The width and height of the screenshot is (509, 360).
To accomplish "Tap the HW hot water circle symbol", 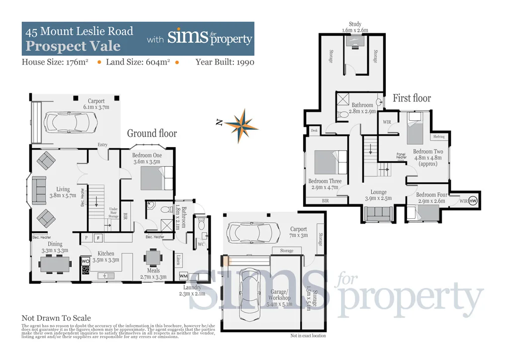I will coord(473,200).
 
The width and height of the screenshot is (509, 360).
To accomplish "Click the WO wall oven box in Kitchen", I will coord(85,261).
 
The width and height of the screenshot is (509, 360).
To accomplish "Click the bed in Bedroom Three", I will coord(330,163).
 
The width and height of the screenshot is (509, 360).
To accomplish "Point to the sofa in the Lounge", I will coord(379,213).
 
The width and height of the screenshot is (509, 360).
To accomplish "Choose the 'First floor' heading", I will coord(412,98).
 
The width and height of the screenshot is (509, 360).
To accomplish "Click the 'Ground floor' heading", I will coord(152,133).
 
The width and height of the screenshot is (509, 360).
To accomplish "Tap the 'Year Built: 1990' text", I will coord(225,62).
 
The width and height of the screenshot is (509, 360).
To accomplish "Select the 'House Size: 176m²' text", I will coord(55,62).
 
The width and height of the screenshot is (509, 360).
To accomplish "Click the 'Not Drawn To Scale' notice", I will coord(56,318).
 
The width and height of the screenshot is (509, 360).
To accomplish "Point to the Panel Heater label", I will coord(401,156).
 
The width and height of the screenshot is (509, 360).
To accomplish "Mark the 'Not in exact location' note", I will coord(308,336).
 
